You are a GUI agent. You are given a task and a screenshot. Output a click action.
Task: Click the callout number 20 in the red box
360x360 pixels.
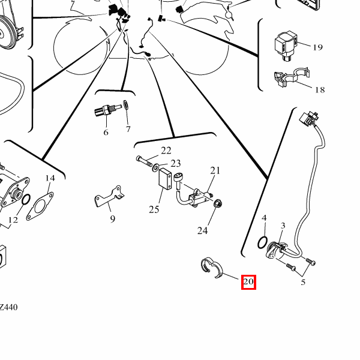click(x=248, y=281)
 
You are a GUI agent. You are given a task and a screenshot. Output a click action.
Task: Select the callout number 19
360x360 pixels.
click(x=317, y=47)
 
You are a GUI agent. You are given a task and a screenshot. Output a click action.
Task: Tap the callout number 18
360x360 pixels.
click(x=320, y=90)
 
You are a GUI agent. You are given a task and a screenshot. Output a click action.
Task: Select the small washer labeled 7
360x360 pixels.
click(x=126, y=106)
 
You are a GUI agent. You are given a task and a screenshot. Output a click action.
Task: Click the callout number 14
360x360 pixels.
click(x=50, y=178)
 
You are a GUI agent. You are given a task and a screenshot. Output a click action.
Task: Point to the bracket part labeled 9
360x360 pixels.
click(x=108, y=199)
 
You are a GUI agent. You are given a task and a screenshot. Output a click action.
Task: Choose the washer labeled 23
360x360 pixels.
click(x=156, y=165)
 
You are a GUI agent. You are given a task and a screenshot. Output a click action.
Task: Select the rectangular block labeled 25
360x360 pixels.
click(x=165, y=178)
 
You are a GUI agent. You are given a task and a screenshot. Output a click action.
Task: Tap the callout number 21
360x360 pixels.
click(x=215, y=171)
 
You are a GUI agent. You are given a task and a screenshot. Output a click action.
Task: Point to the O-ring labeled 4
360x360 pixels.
click(x=262, y=241)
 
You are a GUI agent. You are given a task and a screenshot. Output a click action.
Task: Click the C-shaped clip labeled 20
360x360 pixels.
click(x=211, y=268)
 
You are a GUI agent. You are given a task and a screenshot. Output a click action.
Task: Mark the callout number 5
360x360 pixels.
click(x=304, y=281)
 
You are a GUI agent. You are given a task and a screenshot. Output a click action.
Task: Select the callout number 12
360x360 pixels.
click(x=13, y=220)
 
